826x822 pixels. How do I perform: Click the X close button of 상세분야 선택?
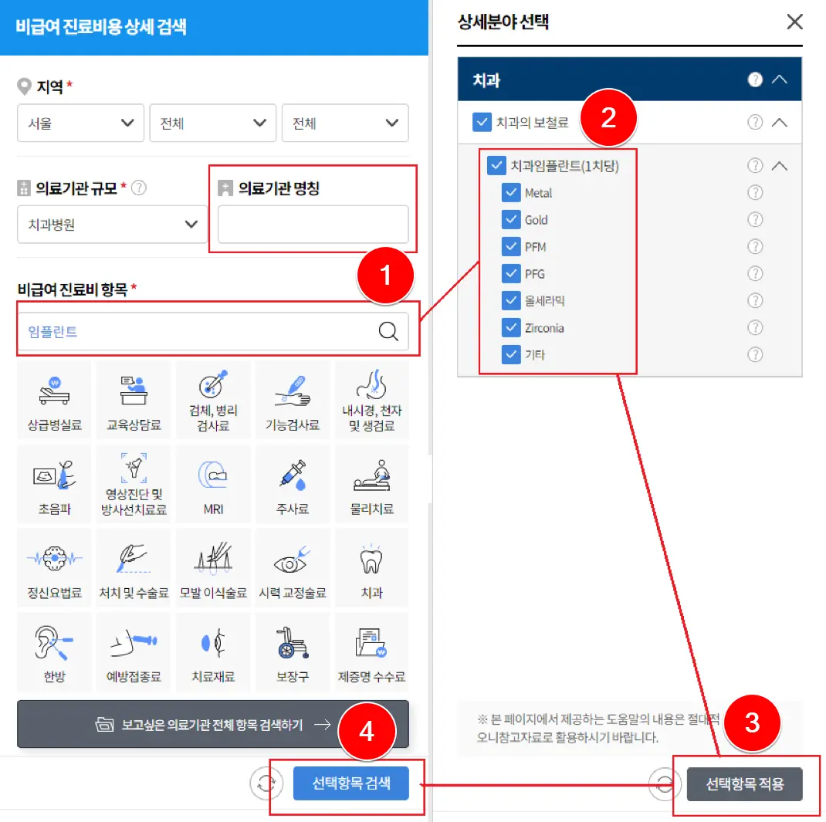coord(794,22)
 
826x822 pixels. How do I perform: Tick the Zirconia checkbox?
coord(510,328)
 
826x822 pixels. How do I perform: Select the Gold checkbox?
coord(510,220)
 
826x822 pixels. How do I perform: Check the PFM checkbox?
coord(510,247)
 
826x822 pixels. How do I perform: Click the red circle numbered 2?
coord(608,119)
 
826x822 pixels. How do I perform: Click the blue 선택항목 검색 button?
coord(351,783)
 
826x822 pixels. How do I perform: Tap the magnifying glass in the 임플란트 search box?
coord(389,332)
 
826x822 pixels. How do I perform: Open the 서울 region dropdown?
coord(80,123)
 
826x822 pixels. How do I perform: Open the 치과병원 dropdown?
coord(112,225)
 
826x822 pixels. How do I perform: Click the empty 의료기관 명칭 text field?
coord(313,225)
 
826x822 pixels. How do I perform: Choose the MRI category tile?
coord(213,484)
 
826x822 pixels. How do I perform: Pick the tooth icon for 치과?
coord(372,562)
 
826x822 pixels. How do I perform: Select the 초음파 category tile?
coord(54,484)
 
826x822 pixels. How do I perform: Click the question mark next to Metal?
coord(755,193)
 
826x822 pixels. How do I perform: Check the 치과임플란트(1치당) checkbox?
coord(496,166)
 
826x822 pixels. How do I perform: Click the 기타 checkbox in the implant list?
coord(510,355)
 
